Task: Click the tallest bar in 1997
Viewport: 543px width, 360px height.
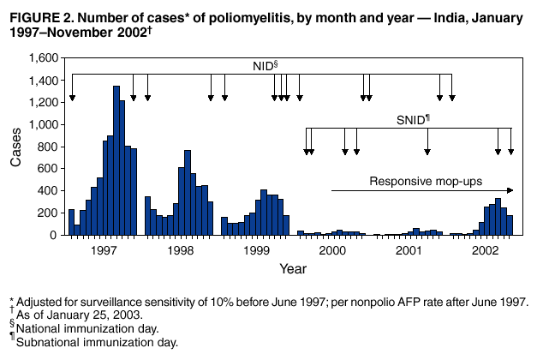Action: tap(116, 160)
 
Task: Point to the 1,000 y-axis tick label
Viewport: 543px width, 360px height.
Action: tap(40, 124)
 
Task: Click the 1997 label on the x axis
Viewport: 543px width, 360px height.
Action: tap(104, 250)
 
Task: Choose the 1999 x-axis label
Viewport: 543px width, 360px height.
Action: tap(256, 250)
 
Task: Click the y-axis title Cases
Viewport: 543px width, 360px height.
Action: tap(15, 146)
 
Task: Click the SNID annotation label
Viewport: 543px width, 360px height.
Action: tap(412, 119)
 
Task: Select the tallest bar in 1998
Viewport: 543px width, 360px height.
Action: tap(188, 193)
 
